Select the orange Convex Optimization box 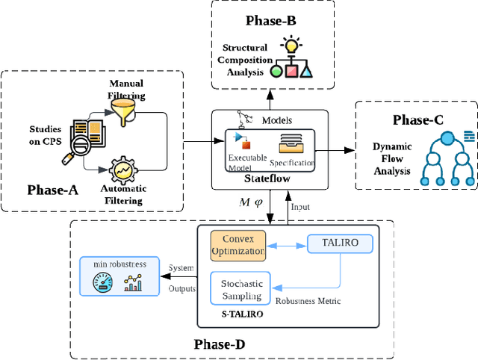pyautogui.click(x=238, y=246)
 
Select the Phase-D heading pyautogui.click(x=223, y=344)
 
